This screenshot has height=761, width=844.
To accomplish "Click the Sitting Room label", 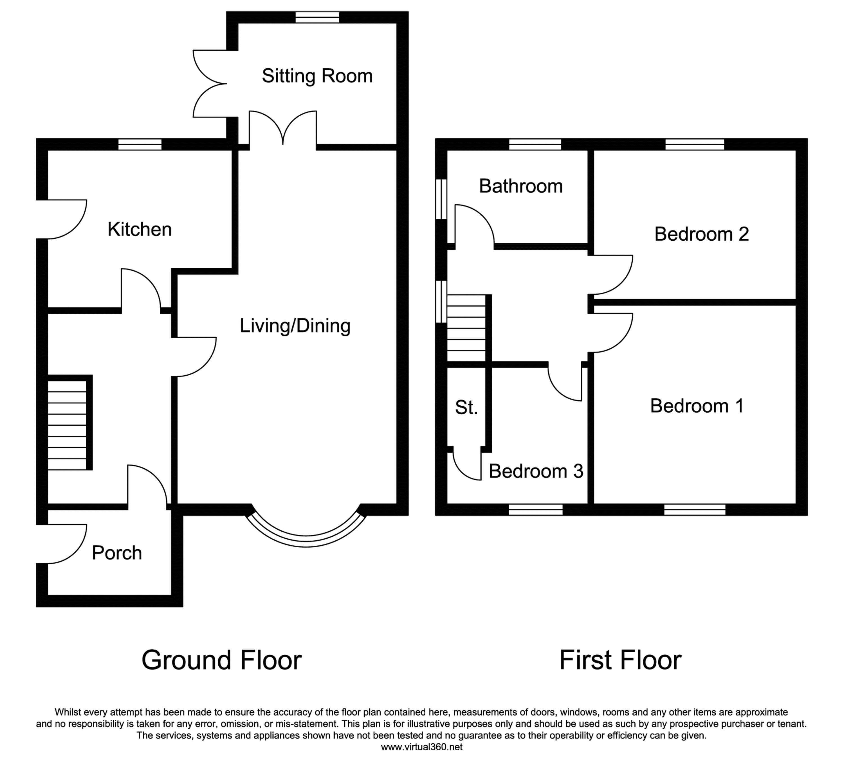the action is [317, 76].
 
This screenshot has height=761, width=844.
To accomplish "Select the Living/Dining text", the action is [295, 326].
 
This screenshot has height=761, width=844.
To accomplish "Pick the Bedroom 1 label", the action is [697, 406].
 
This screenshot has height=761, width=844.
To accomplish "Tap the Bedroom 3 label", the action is [536, 471].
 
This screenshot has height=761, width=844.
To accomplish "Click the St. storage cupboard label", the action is [466, 407].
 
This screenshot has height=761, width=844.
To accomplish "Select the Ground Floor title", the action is [221, 660].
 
